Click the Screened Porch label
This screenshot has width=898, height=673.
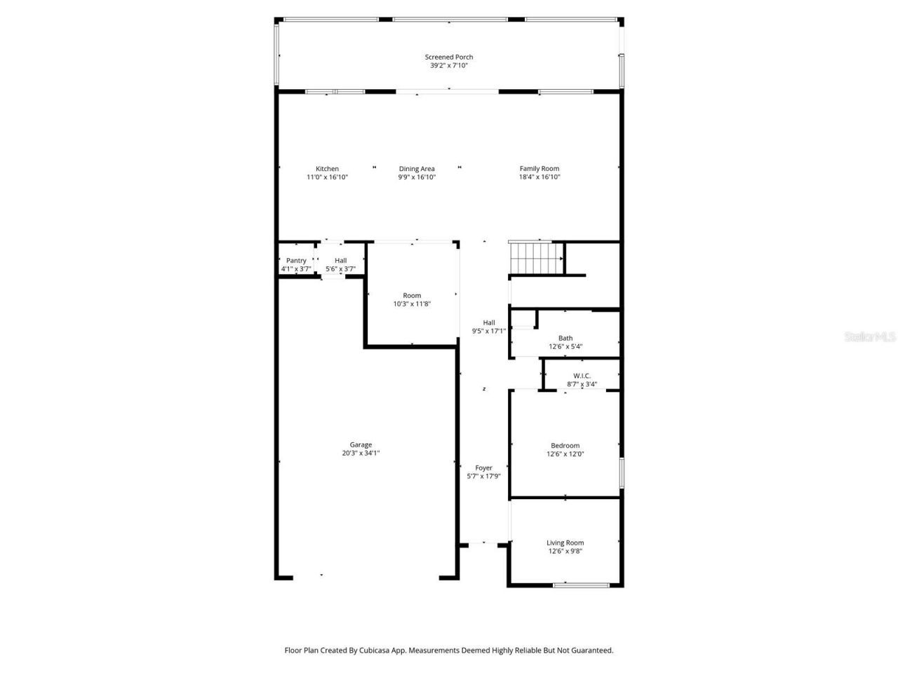coord(448,57)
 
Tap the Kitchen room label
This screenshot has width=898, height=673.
coord(327,169)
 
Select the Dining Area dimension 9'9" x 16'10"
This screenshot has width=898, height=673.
coord(417,177)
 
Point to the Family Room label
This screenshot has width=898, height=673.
coord(539,169)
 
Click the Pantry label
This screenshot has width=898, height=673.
coord(296,261)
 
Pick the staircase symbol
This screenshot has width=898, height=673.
coord(536,258)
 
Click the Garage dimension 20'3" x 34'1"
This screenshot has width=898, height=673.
coord(361,453)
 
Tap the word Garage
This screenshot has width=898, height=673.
coord(361,444)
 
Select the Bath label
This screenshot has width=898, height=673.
coord(565,339)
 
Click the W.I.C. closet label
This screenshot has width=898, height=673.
coord(582,376)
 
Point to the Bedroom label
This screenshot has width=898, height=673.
coord(565,446)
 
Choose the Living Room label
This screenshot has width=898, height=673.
coord(565,543)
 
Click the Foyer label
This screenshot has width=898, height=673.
coord(483,468)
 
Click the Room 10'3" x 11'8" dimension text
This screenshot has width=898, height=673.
coord(412,304)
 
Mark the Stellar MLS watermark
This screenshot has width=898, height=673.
coord(870,336)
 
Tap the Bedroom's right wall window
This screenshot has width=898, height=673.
coord(622,473)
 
